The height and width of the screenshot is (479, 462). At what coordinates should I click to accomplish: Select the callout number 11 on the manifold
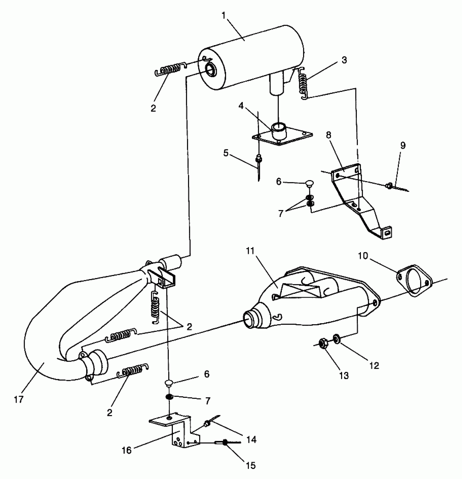[x=250, y=251]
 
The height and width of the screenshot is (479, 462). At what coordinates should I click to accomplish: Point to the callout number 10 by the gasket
[x=363, y=256]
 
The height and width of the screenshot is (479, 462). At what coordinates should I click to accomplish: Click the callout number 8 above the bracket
[x=329, y=135]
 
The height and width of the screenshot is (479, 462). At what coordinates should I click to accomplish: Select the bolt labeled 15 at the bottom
[x=225, y=443]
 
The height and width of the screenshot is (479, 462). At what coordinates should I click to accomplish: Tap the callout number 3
[x=344, y=60]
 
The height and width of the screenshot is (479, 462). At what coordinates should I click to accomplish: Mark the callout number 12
[x=374, y=366]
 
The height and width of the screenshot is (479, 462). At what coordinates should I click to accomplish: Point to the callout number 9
[x=403, y=146]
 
